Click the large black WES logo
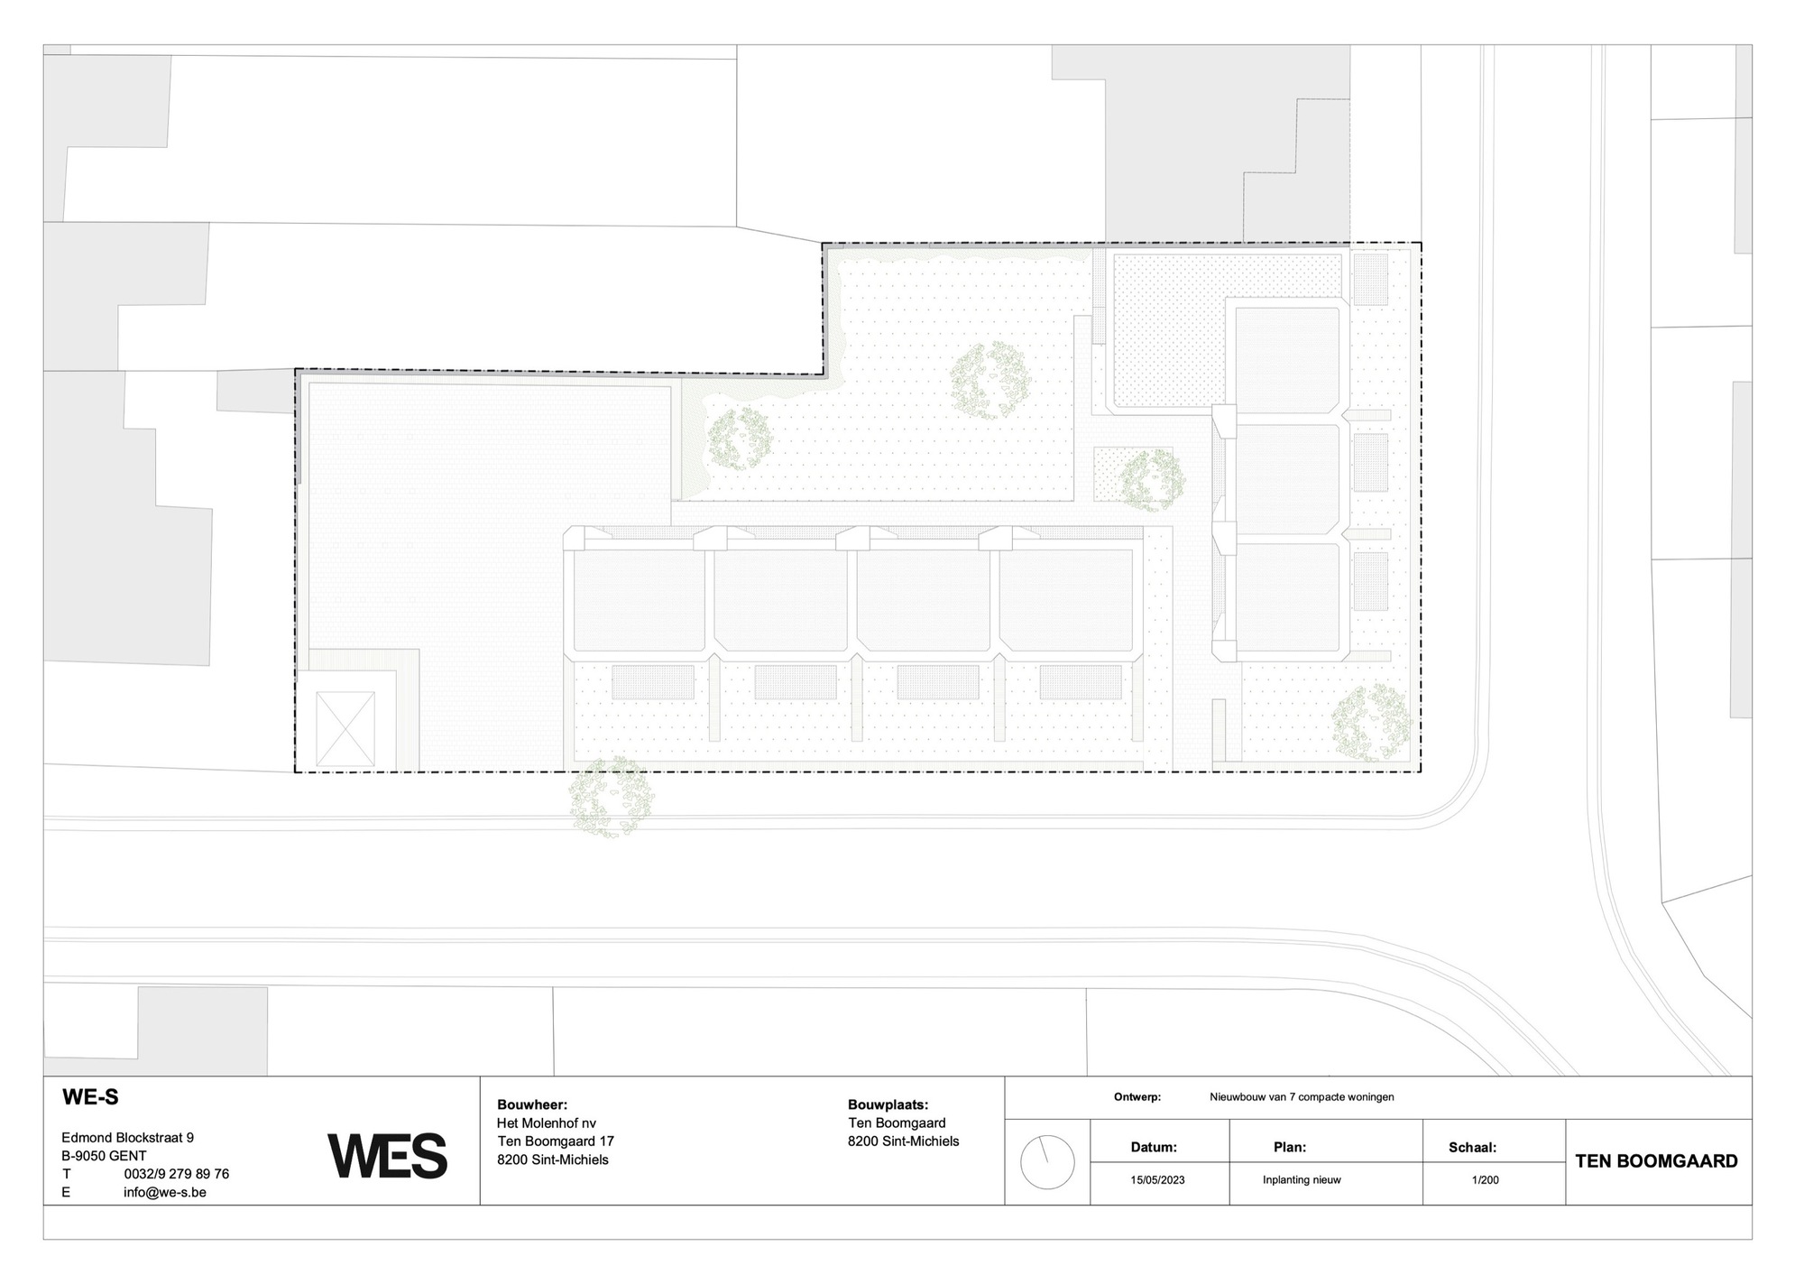point(387,1156)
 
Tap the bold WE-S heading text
point(90,1097)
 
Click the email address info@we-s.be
point(165,1192)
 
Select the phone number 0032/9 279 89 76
point(176,1174)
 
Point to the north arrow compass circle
point(1047,1162)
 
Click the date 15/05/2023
point(1157,1179)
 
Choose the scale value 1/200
point(1485,1179)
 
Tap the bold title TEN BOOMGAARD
point(1657,1161)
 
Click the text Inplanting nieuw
point(1302,1179)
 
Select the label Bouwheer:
point(532,1104)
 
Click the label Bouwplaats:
point(888,1104)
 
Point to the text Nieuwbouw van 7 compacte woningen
point(1302,1097)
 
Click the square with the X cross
point(345,729)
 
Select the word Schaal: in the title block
point(1472,1148)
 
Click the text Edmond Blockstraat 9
point(127,1138)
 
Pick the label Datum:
point(1154,1148)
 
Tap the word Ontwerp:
point(1137,1097)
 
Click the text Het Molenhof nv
point(547,1123)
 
